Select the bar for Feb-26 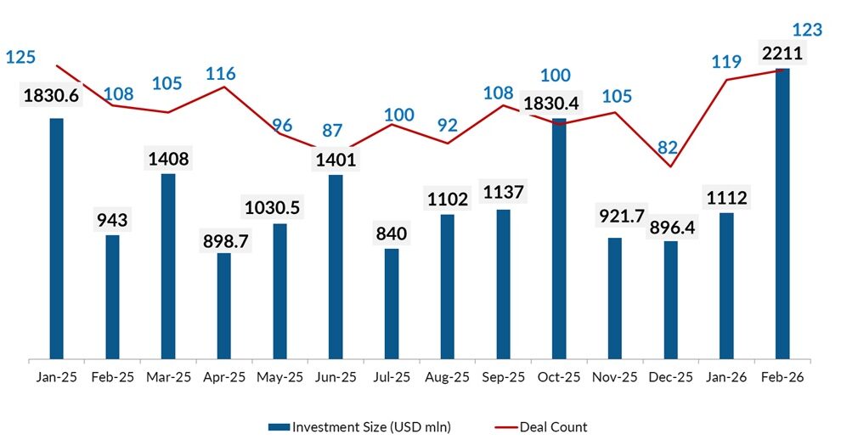782,212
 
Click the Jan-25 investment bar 57,238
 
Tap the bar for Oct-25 559,238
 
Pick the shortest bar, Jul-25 392,303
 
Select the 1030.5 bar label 280,207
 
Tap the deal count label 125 20,58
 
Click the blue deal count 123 807,31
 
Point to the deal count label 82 668,147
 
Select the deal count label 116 220,74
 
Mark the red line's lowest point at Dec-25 670,166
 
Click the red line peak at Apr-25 224,87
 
